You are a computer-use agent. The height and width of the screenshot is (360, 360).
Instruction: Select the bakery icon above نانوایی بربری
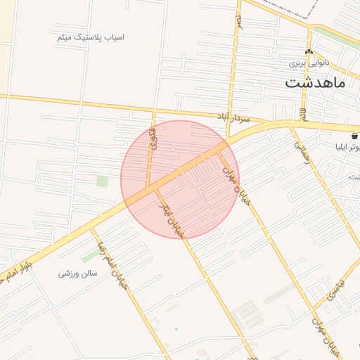tap(309, 52)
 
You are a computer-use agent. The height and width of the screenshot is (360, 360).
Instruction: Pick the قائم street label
tap(303, 112)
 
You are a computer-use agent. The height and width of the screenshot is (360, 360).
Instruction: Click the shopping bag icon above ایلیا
tap(354, 136)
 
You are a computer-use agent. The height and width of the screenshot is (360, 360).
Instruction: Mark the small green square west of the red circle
tap(103, 181)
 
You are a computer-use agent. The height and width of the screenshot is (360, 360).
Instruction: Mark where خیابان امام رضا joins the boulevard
tap(91, 228)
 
